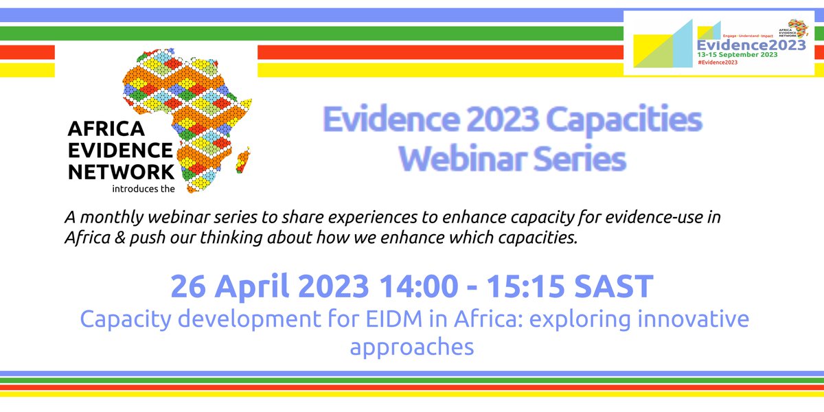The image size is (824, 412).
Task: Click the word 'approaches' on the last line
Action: click(412, 347)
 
